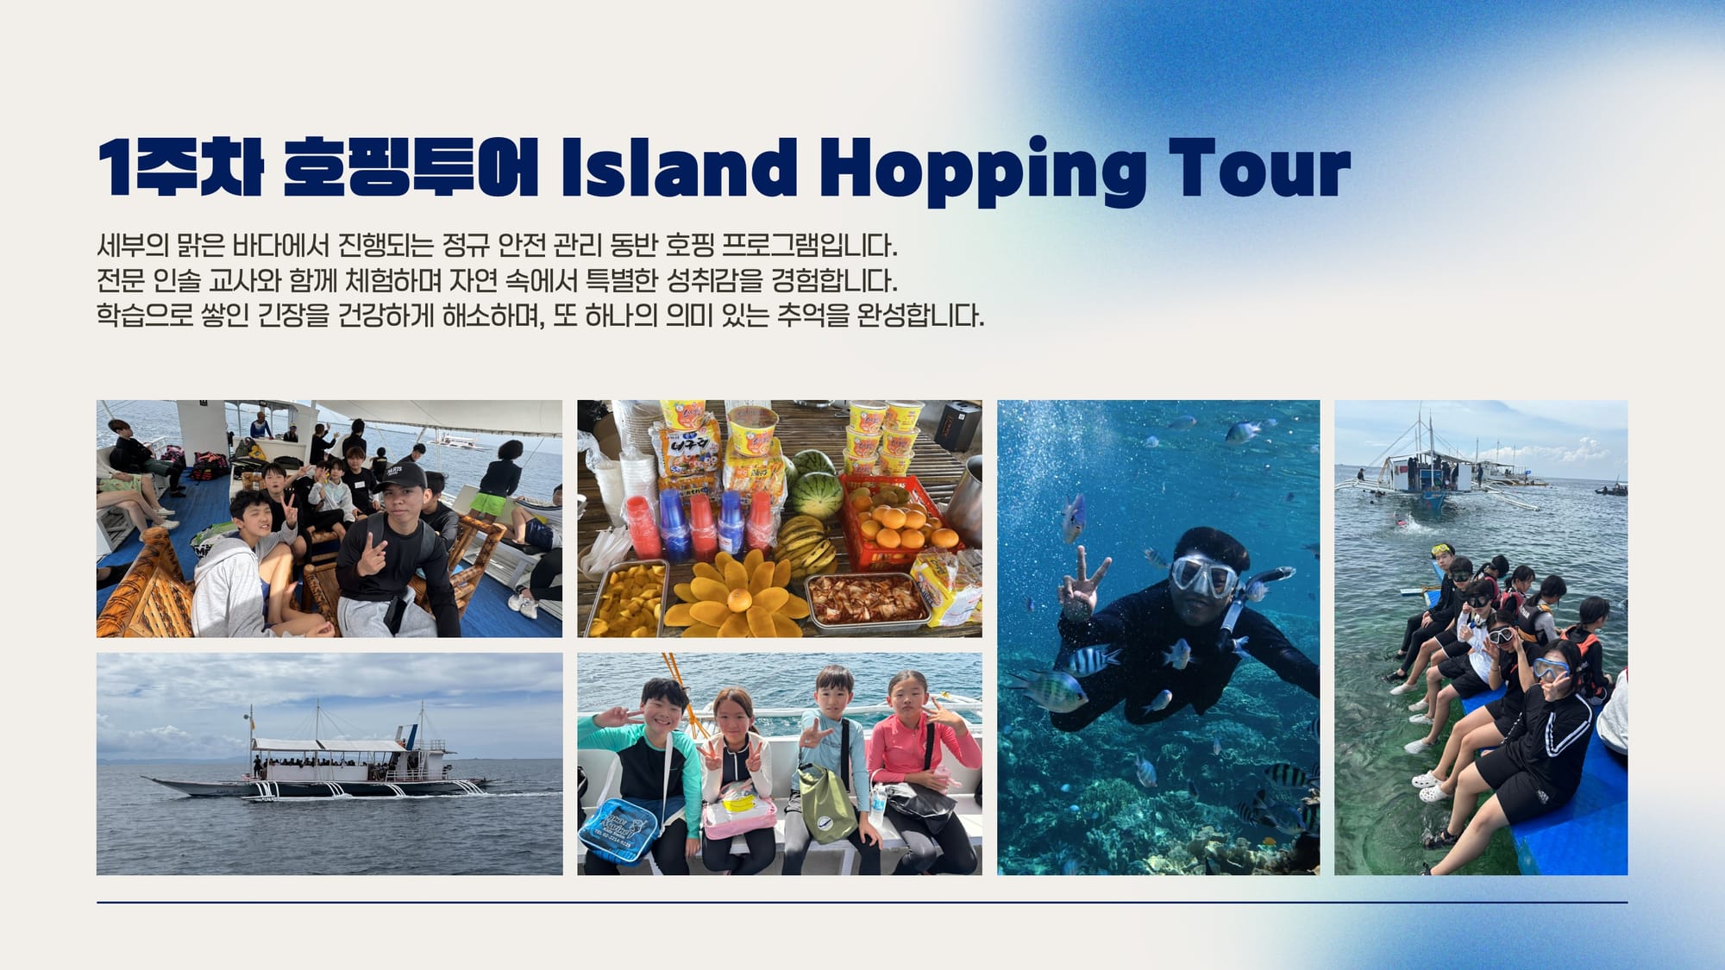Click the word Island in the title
[x=680, y=167]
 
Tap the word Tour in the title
[x=1259, y=167]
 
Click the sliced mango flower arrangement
[x=737, y=594]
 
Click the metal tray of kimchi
[x=866, y=599]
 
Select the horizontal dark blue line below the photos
[x=862, y=903]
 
